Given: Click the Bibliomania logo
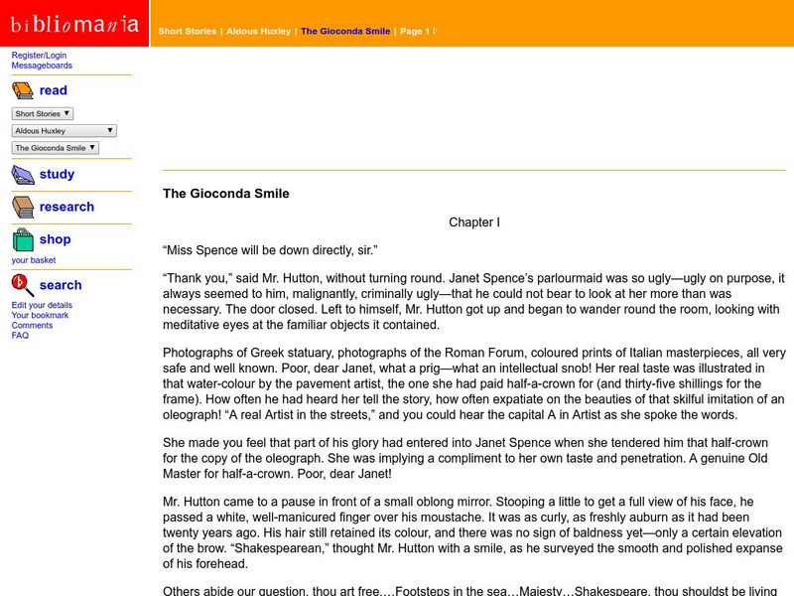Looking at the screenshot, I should (x=74, y=24).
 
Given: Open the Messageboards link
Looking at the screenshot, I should (x=42, y=66).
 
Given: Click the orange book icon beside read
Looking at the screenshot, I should (x=23, y=91).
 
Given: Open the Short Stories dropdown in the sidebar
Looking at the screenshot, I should (x=43, y=114).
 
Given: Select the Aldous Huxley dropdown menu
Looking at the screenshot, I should (x=65, y=131).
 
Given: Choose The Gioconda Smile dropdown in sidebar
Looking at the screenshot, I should (x=56, y=148).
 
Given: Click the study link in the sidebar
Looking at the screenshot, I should (x=57, y=174).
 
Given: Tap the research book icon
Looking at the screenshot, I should (x=23, y=207).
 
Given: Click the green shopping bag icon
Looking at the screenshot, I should (x=23, y=239).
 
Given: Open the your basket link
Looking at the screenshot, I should (x=34, y=260).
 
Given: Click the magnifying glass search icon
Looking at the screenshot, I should (x=23, y=285).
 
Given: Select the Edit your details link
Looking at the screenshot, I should (x=42, y=305).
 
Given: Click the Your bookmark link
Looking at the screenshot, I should (x=41, y=315).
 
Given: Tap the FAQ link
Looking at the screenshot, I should (x=20, y=336).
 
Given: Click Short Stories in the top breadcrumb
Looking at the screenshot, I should (x=187, y=32).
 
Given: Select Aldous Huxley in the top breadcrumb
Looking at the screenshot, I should (x=259, y=32).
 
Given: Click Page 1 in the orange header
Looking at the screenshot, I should (x=415, y=32).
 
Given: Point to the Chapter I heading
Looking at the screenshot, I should (x=474, y=223).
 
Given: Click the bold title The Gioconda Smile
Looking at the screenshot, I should (x=226, y=194).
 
